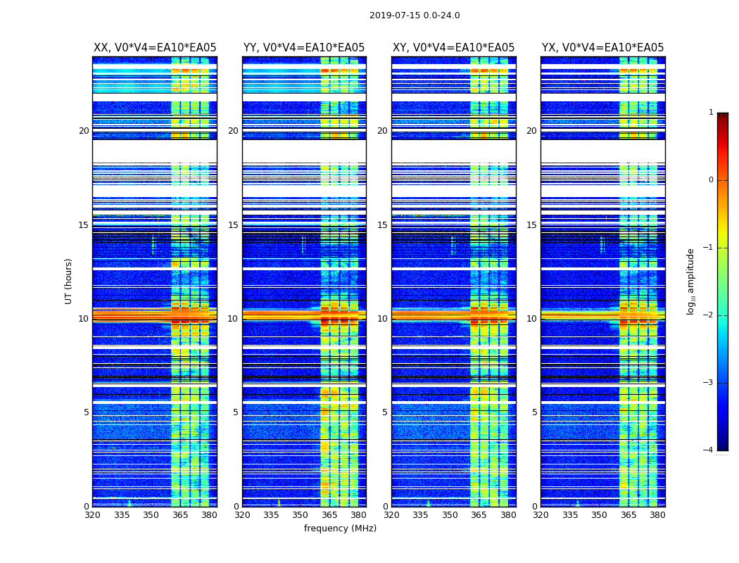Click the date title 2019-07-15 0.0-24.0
(415, 15)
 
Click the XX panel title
(155, 48)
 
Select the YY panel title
(304, 48)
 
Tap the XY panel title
(453, 48)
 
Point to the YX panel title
(602, 48)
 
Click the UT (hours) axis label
(68, 281)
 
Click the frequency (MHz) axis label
(340, 529)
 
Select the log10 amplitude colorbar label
(691, 281)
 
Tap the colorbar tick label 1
(711, 113)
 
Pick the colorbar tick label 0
(711, 180)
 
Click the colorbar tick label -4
(709, 450)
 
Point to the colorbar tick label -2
(709, 315)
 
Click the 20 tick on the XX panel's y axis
(84, 131)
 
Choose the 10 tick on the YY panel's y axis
(233, 319)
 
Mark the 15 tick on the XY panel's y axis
(382, 225)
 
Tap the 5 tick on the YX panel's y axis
(534, 412)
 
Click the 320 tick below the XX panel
(93, 515)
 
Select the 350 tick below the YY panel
(300, 515)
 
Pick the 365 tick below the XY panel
(479, 515)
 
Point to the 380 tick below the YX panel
(657, 515)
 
